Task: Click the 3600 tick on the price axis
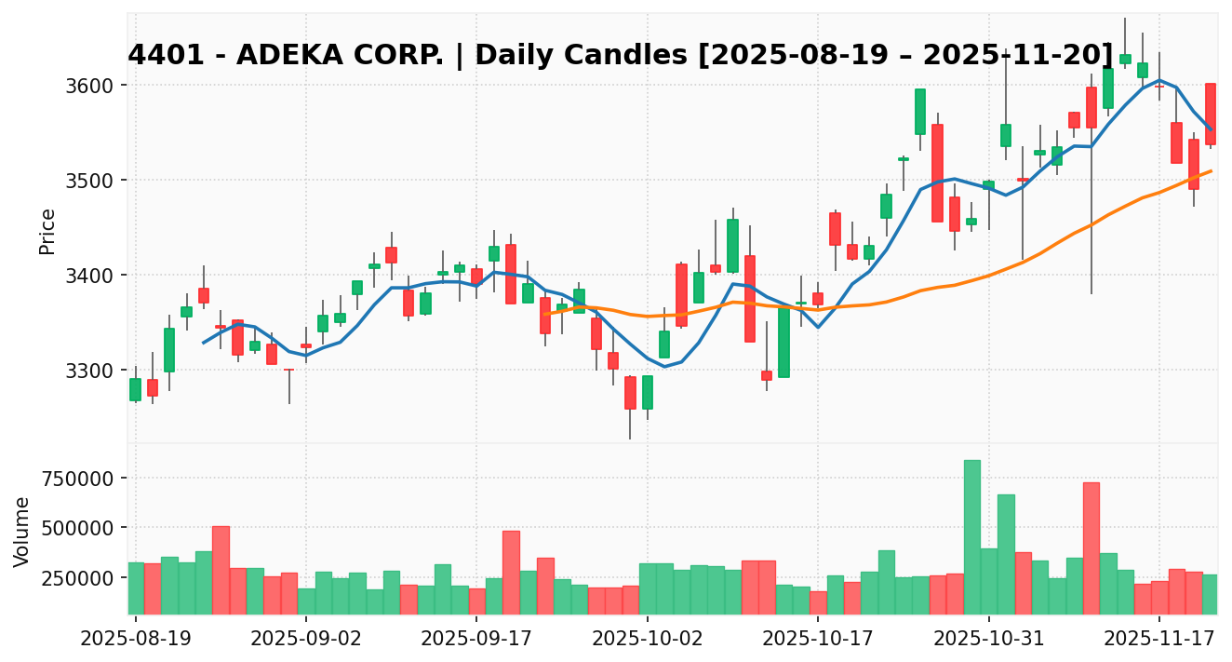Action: [97, 86]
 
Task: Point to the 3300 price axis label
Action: [97, 371]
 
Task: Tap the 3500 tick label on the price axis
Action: [97, 181]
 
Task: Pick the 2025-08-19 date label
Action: [136, 641]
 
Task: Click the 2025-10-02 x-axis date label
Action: [648, 641]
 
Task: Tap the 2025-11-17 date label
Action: [1159, 641]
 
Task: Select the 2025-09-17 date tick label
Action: [476, 641]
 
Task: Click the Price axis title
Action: [47, 231]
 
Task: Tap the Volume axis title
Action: [22, 532]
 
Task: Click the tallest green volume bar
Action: [971, 536]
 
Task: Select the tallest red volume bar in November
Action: [1091, 547]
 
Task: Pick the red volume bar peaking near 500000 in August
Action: [221, 570]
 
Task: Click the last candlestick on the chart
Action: [1211, 114]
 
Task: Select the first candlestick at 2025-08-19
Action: [136, 389]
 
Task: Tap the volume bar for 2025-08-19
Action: [136, 588]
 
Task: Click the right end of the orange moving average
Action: [1212, 170]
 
